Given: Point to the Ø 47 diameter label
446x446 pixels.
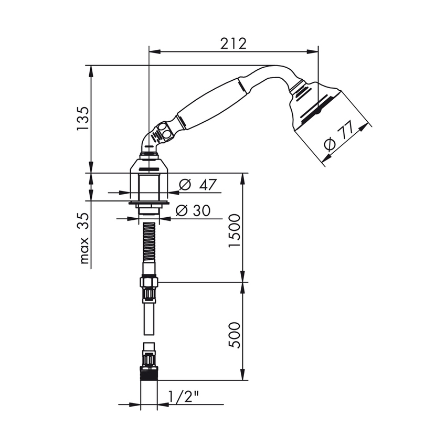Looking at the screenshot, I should pyautogui.click(x=198, y=185).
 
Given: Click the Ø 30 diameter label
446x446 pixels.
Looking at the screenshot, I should pyautogui.click(x=193, y=210).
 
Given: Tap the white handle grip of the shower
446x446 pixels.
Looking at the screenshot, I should pyautogui.click(x=210, y=104).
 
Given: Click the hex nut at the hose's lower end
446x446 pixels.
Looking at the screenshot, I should pyautogui.click(x=149, y=282).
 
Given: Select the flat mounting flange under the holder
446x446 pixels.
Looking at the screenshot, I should pyautogui.click(x=149, y=202).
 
